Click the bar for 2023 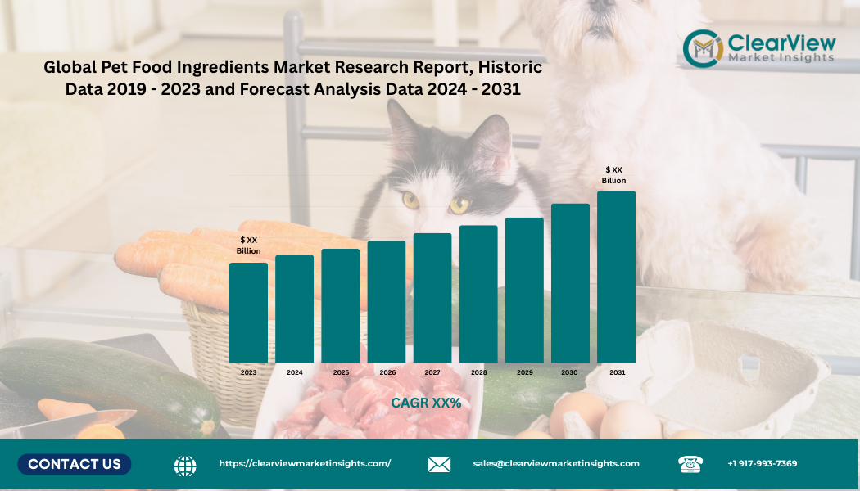click(x=248, y=312)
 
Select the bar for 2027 click(x=432, y=298)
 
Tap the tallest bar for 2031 click(x=616, y=277)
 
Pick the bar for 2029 click(x=524, y=290)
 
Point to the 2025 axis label click(x=341, y=372)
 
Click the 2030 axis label click(x=569, y=372)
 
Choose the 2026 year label click(x=387, y=372)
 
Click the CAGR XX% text click(x=426, y=403)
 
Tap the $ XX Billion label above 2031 click(x=613, y=175)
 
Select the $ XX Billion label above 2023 click(x=249, y=245)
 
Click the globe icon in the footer click(x=185, y=465)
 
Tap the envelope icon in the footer click(x=439, y=465)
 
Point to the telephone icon click(x=690, y=464)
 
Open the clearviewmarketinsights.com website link click(x=305, y=463)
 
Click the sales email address click(x=556, y=463)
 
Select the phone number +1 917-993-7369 click(x=762, y=463)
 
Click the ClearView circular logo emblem click(x=703, y=48)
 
